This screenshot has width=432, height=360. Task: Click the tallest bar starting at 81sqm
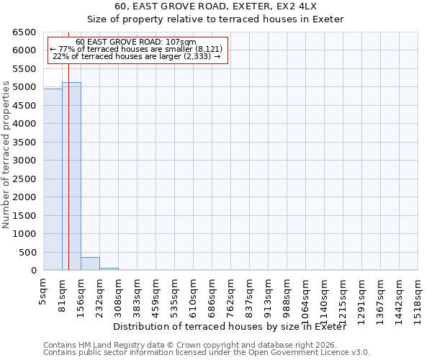(x=71, y=176)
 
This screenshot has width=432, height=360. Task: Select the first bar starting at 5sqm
(x=53, y=179)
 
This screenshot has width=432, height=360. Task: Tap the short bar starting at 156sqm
(x=90, y=264)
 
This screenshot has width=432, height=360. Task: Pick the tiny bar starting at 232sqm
(x=109, y=269)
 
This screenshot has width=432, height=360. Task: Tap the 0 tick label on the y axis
(x=35, y=271)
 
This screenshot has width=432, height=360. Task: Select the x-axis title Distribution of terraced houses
(x=230, y=327)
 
